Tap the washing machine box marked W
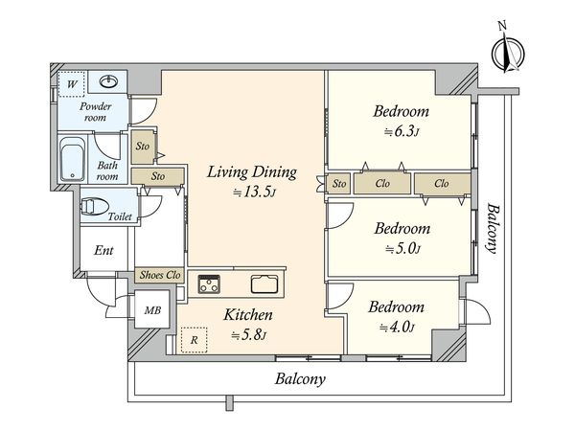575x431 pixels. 72,84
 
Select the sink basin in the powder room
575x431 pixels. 108,81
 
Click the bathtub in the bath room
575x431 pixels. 73,159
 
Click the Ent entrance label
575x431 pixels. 103,250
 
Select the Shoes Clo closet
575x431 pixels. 159,275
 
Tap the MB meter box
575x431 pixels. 152,310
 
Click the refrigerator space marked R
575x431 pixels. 194,340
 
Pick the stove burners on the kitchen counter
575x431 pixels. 209,284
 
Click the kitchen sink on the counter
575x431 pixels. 264,284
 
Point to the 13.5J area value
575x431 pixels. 254,192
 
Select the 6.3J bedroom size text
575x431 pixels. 402,131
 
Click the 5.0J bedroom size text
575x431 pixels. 402,249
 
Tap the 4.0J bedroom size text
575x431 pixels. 397,327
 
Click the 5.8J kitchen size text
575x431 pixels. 248,334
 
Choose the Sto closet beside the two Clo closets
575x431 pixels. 339,183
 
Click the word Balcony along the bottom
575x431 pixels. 300,378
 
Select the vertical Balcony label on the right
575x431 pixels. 494,228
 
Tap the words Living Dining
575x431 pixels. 252,172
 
